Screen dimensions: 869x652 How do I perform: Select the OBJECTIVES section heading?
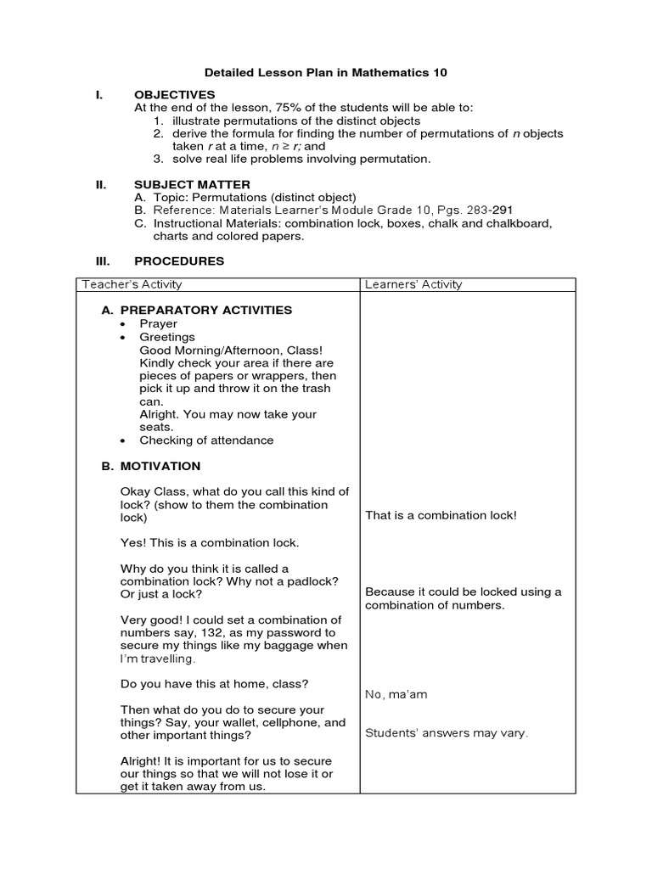[x=174, y=94]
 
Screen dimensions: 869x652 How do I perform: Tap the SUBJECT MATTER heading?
[x=192, y=184]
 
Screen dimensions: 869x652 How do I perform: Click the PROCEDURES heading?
[x=179, y=261]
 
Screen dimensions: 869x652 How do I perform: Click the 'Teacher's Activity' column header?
[x=131, y=284]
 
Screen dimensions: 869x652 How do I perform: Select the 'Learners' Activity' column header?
[x=413, y=284]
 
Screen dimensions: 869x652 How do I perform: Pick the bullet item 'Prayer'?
[x=159, y=323]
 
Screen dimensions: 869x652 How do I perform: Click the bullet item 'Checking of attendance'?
[x=206, y=440]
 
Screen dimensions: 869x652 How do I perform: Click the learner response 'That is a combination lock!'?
[x=441, y=515]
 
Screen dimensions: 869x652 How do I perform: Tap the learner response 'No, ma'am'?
[x=396, y=694]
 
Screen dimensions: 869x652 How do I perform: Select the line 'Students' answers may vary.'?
[x=447, y=733]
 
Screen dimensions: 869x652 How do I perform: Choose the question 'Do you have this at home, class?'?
[x=214, y=683]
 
